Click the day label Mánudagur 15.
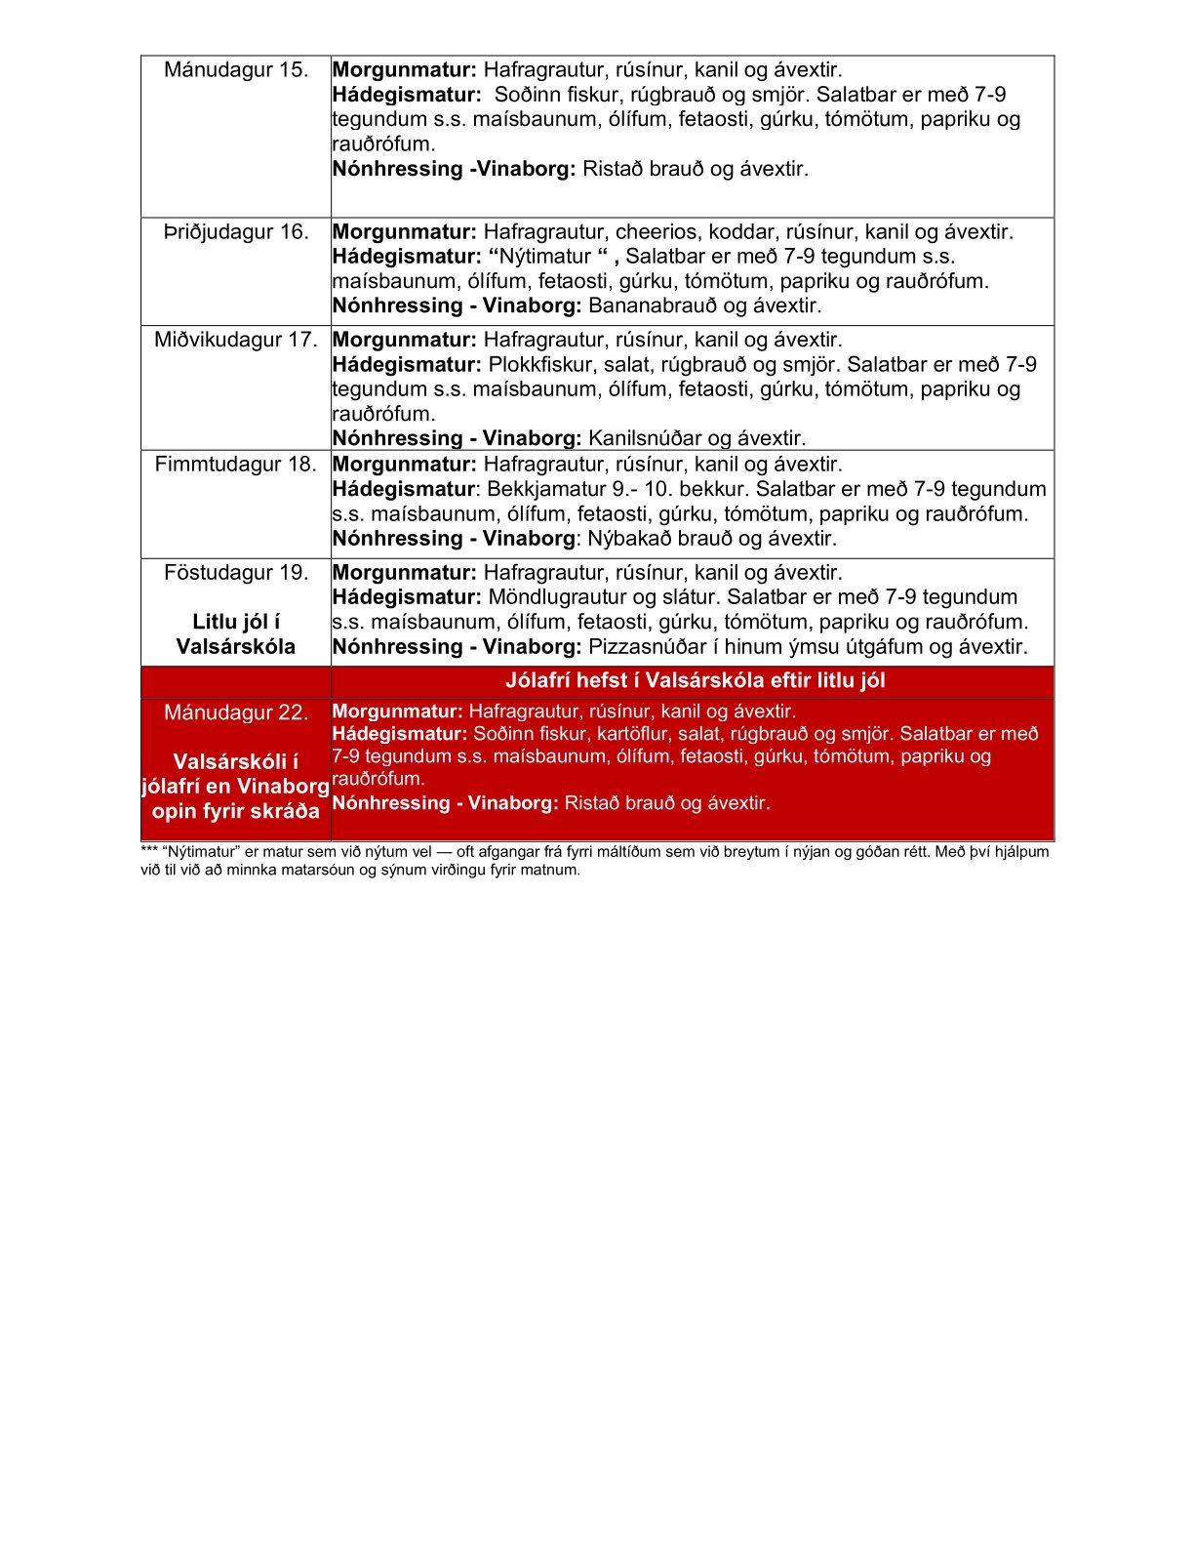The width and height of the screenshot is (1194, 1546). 236,70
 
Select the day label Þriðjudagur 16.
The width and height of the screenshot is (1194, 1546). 236,232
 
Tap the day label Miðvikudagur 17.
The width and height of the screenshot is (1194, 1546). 236,341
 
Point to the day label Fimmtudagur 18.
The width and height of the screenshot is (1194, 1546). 236,465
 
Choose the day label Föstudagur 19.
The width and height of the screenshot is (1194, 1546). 236,573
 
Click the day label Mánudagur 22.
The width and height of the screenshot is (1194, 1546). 236,712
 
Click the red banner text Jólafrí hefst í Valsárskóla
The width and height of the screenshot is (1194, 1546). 695,681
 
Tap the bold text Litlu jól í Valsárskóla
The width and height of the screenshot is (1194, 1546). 236,634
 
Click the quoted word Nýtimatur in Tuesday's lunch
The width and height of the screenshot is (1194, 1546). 545,257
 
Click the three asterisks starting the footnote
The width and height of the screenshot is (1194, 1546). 149,851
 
